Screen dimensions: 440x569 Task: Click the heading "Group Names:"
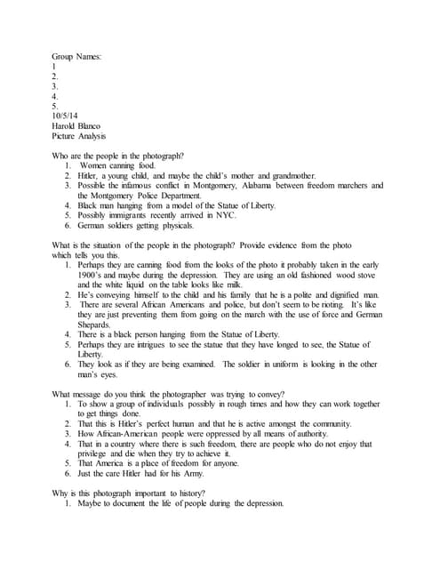click(77, 57)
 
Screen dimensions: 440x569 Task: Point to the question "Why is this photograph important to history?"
click(130, 492)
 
